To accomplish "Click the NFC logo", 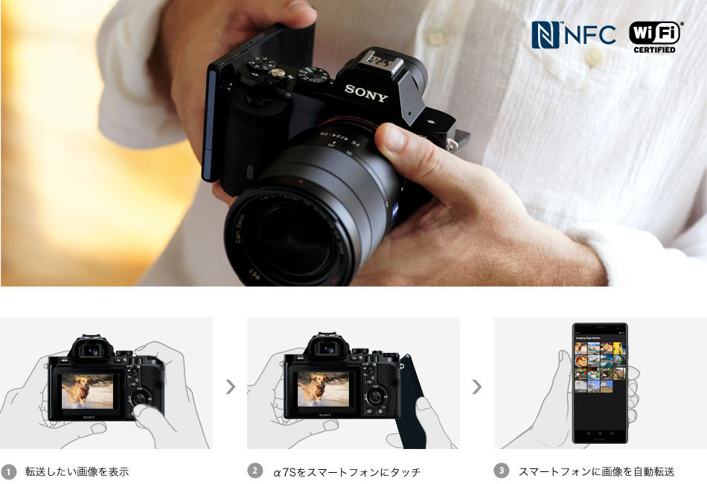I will tap(573, 34).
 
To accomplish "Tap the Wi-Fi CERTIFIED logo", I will tap(655, 36).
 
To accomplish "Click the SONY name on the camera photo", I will tap(366, 94).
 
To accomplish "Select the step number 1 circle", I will tap(9, 471).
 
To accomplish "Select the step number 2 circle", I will tap(255, 471).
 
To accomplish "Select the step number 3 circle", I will tap(502, 471).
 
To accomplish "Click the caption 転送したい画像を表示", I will tap(77, 471).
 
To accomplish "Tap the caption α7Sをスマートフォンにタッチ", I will tap(347, 471).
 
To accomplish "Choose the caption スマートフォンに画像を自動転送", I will tap(596, 471).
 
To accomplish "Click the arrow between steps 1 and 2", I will tap(231, 386).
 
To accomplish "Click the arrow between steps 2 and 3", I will tap(477, 386).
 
